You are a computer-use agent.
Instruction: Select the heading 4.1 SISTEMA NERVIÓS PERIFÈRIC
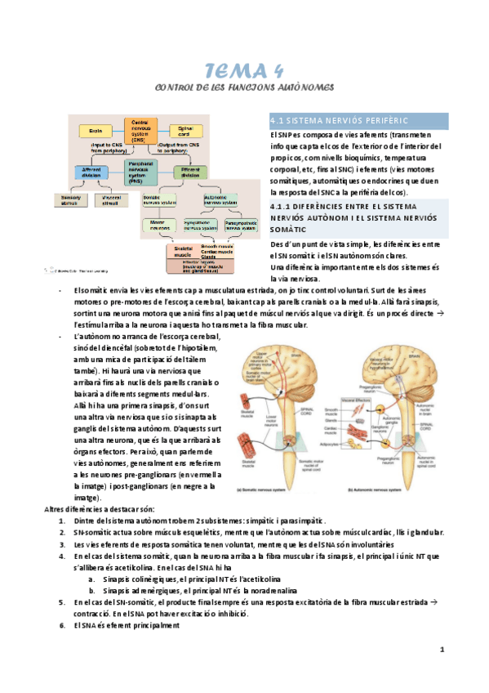click(x=337, y=120)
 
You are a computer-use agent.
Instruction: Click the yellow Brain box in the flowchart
click(x=96, y=130)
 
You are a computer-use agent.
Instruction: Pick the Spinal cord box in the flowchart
click(x=184, y=131)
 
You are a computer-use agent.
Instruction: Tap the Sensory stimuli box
click(x=69, y=199)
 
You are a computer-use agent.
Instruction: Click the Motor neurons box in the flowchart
click(x=161, y=223)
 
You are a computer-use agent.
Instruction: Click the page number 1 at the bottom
click(x=441, y=651)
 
